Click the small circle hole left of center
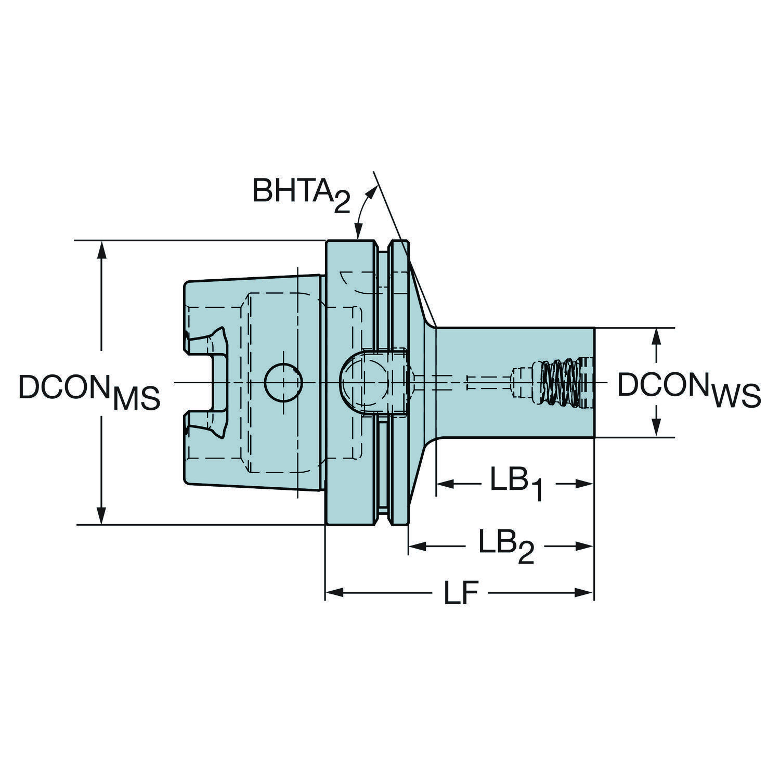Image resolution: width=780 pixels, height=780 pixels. coord(283,382)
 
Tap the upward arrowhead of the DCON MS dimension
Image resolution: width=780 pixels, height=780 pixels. coord(102,250)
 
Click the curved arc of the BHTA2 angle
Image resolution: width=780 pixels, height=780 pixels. coord(362,208)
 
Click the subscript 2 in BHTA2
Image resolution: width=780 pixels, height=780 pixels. coord(341,203)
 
